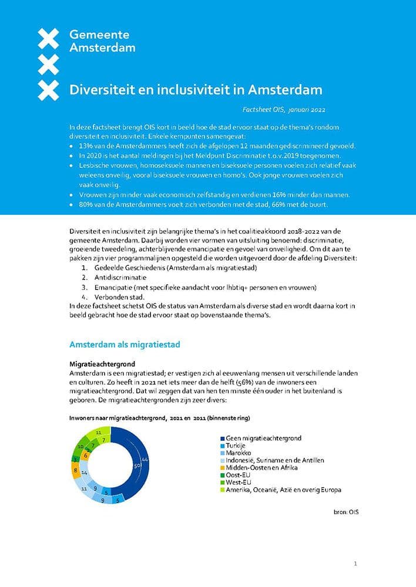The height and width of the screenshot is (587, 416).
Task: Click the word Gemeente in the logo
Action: point(99,35)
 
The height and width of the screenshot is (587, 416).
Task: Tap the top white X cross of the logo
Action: point(48,39)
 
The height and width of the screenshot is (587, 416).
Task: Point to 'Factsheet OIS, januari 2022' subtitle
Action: point(284,110)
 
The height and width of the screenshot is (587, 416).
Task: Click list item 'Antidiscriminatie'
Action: point(120,276)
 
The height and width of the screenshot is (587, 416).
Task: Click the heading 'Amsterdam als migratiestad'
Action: point(125,344)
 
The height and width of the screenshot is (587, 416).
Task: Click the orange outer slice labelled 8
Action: point(76,470)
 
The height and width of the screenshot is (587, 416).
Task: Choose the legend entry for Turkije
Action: point(237,446)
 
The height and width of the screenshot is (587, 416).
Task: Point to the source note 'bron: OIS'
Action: point(345,512)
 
